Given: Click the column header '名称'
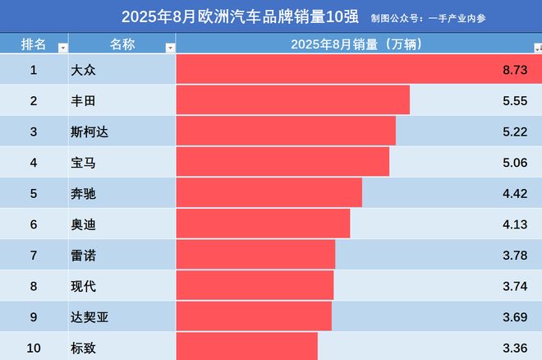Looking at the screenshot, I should pos(121,44).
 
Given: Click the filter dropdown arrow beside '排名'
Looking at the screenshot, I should pos(62,48).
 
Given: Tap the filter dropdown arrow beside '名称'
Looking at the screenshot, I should pos(170,48).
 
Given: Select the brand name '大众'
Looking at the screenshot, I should pos(84,71).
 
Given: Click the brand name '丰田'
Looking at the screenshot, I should pos(84,101).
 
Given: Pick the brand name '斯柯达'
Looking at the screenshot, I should pos(90,132).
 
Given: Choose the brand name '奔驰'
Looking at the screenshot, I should pos(84,194).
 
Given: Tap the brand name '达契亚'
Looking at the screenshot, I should pos(90,316).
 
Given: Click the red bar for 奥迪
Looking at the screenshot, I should pos(263,224).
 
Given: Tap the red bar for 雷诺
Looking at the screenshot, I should pos(255,255).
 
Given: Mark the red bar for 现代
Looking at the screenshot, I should pos(255,286).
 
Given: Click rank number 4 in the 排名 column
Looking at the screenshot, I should pos(34,163).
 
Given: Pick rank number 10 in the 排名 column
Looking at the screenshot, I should pos(34,348).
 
